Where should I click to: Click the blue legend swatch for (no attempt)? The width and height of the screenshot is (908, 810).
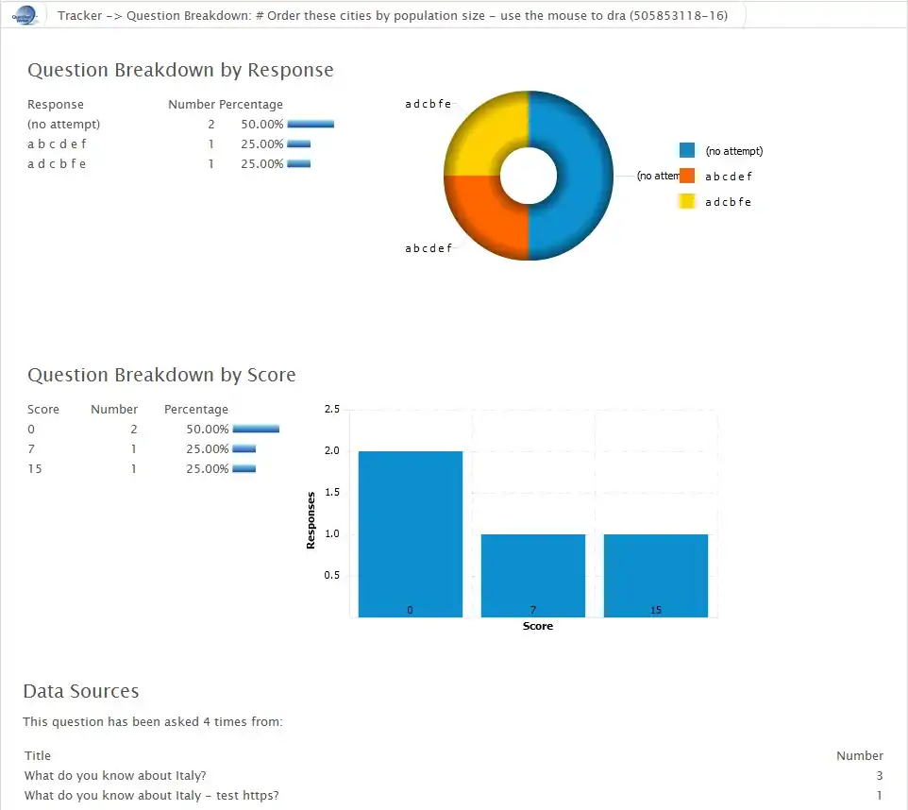[x=687, y=150]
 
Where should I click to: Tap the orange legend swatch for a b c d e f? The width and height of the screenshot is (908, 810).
[x=687, y=176]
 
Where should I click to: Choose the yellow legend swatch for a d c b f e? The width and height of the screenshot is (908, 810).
[x=687, y=201]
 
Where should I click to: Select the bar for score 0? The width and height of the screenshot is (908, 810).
[x=411, y=533]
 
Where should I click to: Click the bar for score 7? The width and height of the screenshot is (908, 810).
[x=533, y=575]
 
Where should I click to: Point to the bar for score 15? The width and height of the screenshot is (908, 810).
[x=656, y=575]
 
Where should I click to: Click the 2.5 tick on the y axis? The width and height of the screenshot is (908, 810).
[x=332, y=410]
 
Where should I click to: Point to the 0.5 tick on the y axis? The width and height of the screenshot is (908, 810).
[x=332, y=576]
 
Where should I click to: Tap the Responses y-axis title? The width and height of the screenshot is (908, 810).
[x=311, y=518]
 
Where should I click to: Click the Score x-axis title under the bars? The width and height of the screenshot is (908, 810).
[x=538, y=626]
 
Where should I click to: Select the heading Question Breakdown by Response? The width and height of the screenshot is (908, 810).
[x=180, y=70]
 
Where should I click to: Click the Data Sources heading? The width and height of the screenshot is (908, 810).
[x=80, y=691]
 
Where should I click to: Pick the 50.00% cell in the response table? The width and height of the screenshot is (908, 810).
[x=262, y=124]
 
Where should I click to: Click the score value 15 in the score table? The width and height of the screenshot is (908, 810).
[x=36, y=468]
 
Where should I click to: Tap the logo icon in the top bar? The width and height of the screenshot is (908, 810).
[x=25, y=15]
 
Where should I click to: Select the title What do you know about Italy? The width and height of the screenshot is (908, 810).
[x=115, y=775]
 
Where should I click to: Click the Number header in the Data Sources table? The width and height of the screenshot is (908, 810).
[x=859, y=755]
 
